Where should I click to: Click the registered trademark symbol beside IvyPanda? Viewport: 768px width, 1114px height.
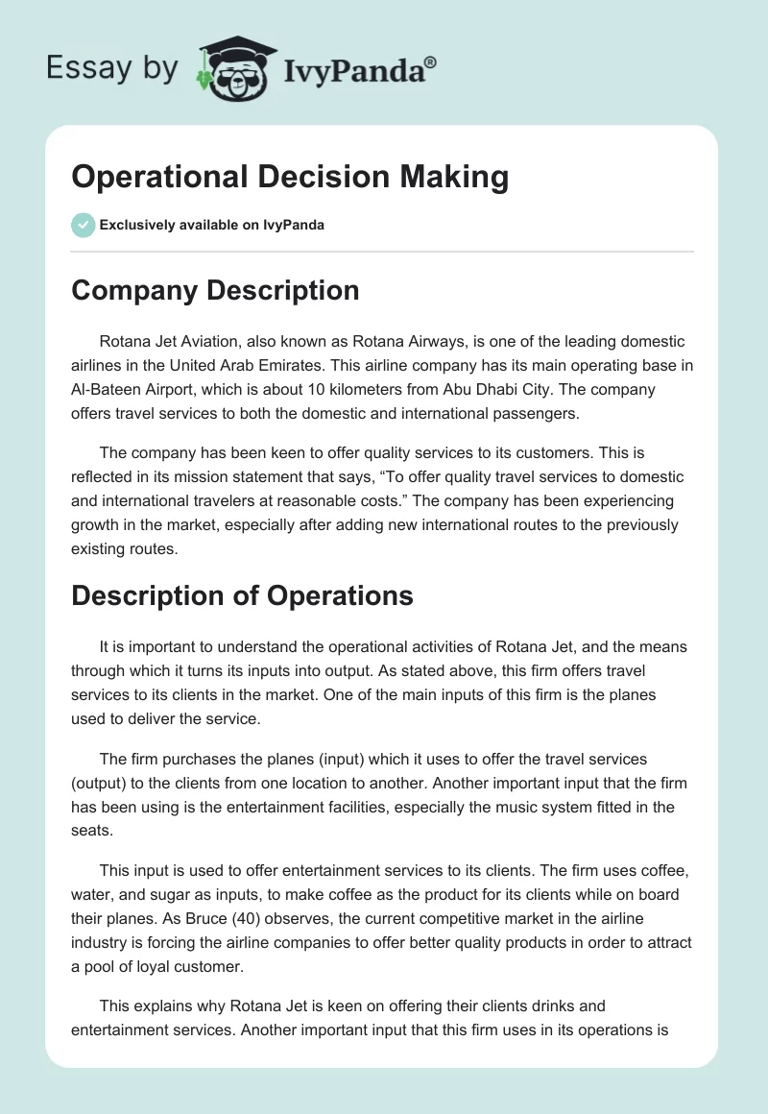click(x=431, y=62)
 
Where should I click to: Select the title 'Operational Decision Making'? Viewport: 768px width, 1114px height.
click(x=290, y=178)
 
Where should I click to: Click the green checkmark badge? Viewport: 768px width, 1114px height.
click(x=83, y=225)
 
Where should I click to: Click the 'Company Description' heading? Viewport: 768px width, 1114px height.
click(x=215, y=290)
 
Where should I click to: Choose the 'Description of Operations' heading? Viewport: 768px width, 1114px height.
click(x=242, y=595)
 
